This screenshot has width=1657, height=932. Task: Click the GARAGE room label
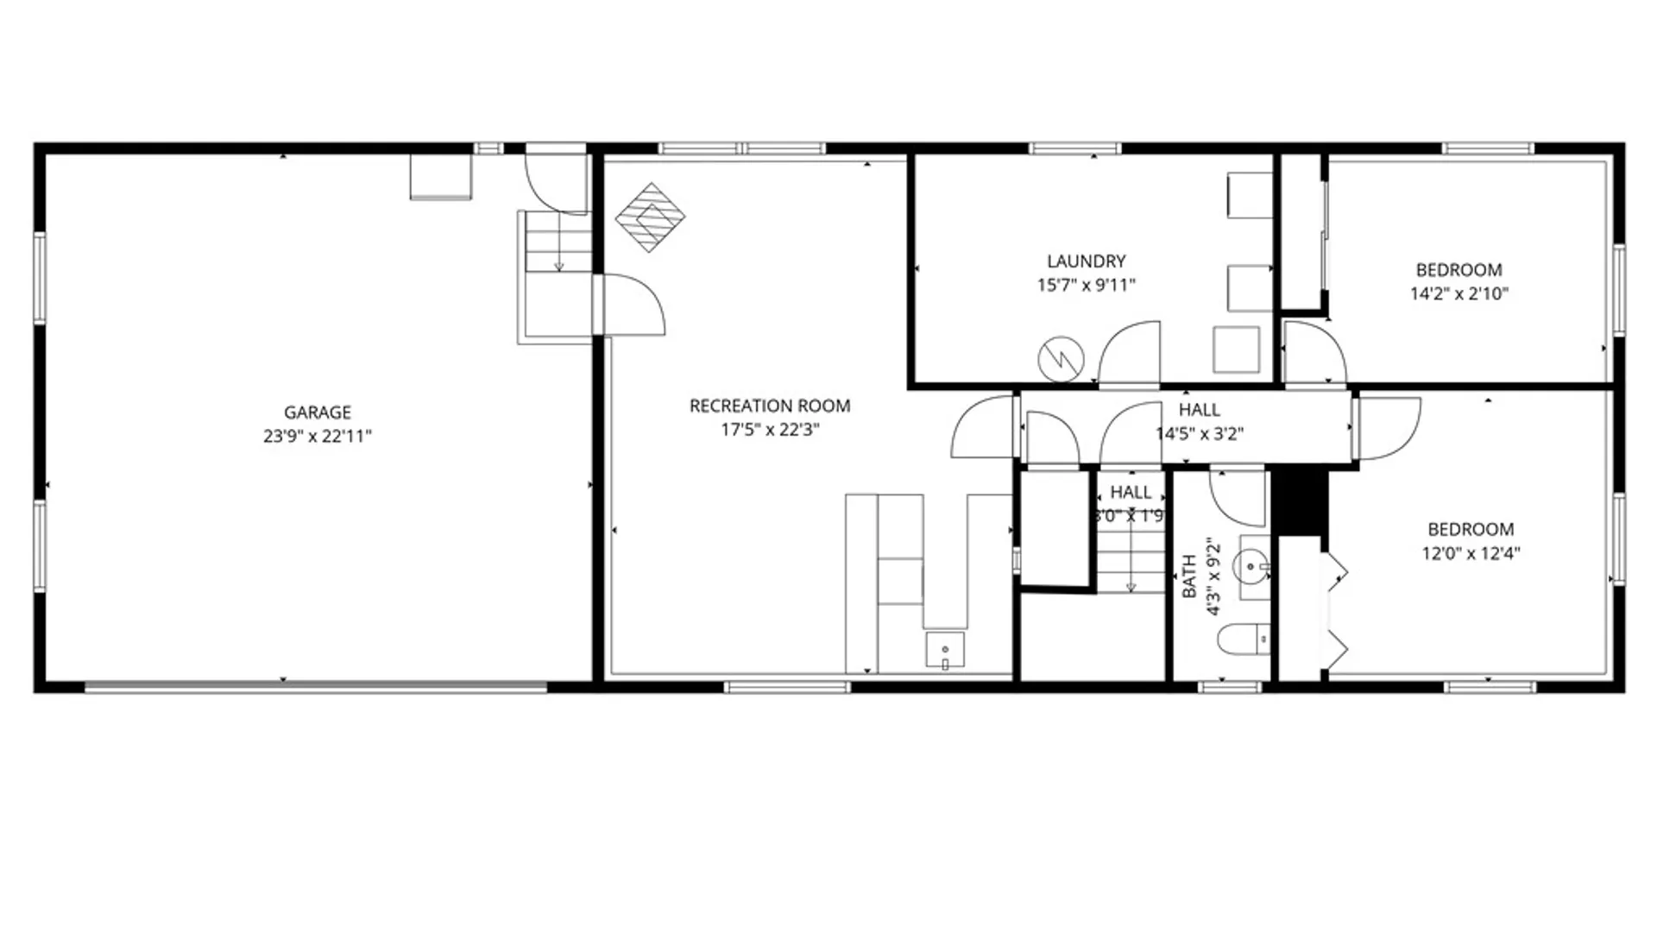318,412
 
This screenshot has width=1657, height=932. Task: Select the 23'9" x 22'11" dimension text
318,436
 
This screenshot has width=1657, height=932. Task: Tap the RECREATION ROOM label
770,406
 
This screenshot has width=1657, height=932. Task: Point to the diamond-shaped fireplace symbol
651,217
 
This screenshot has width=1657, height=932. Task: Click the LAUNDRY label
1087,261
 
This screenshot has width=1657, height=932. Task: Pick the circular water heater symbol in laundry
1061,359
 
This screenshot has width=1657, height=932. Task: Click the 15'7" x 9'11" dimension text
1087,285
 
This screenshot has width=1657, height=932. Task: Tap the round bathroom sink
1251,568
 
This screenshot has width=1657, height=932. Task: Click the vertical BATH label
1189,576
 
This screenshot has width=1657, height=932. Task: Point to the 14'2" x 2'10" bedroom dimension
1459,293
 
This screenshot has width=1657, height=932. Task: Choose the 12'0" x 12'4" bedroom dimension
1471,553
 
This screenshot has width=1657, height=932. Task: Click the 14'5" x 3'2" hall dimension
1200,433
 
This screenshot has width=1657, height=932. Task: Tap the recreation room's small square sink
945,650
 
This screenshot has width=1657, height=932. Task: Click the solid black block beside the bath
1300,502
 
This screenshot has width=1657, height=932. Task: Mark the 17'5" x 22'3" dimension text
770,429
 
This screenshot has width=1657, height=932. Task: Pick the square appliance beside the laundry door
1236,349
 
